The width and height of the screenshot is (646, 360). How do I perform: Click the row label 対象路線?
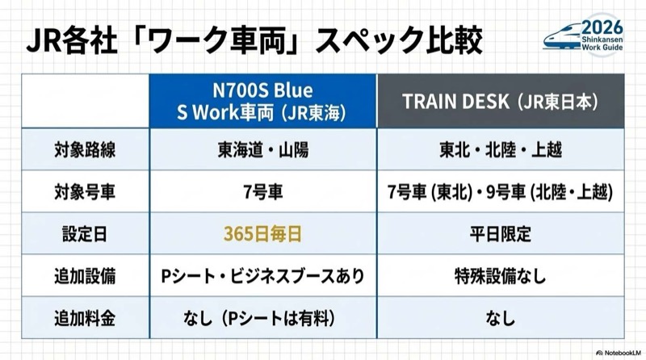(85, 151)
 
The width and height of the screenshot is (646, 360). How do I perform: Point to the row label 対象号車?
(85, 193)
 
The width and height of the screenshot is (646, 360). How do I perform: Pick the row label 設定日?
(85, 235)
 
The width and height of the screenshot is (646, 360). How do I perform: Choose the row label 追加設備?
(85, 276)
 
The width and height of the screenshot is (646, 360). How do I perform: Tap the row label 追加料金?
(85, 318)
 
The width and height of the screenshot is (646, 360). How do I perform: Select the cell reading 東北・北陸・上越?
(501, 151)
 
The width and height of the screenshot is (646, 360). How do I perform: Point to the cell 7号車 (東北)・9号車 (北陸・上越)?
(501, 193)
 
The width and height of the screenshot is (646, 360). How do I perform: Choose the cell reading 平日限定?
(501, 235)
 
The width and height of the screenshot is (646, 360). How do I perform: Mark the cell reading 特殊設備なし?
(501, 276)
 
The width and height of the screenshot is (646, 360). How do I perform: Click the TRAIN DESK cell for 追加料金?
(501, 318)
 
